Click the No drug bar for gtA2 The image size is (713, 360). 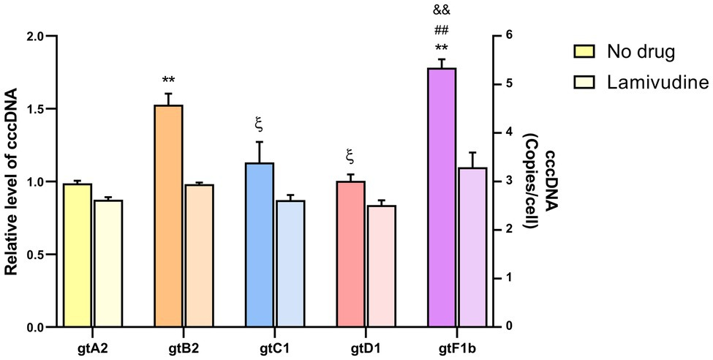(78, 255)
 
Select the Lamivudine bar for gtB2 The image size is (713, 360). (199, 256)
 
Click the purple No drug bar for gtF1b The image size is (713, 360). (442, 198)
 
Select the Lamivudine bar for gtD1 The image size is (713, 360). (381, 266)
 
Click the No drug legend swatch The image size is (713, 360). (585, 52)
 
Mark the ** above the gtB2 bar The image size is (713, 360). (168, 80)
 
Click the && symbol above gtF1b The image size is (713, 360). (441, 10)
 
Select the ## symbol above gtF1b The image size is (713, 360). (441, 30)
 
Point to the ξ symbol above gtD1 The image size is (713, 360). (349, 155)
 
